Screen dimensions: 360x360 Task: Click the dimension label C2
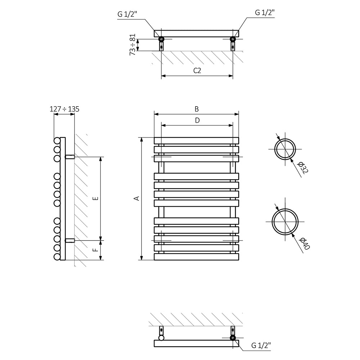(197, 71)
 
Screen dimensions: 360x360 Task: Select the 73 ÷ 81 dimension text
(133, 45)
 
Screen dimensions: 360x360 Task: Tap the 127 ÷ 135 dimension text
(64, 109)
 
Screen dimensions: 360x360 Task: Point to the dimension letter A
(137, 198)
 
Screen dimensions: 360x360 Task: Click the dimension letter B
(197, 109)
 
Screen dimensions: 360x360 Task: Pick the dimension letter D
(197, 120)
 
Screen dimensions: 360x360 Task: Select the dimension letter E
(96, 198)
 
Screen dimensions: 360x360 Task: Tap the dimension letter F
(96, 250)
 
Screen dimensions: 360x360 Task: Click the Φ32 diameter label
(303, 168)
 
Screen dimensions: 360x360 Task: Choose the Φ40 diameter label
(305, 244)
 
